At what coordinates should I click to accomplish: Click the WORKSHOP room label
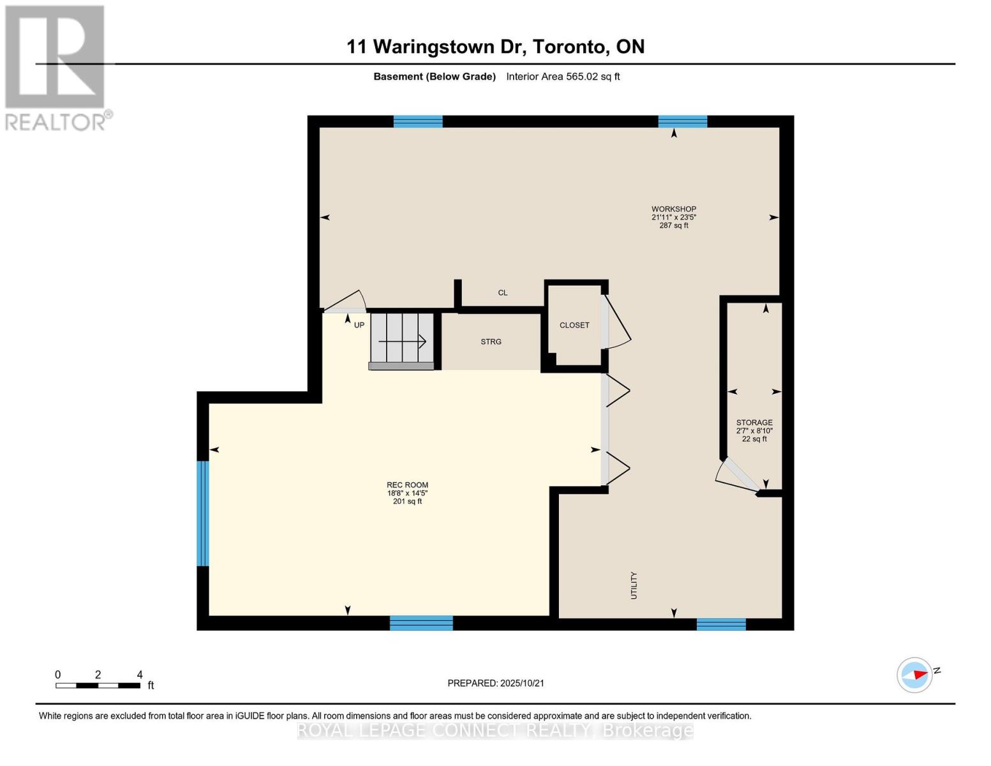click(x=673, y=209)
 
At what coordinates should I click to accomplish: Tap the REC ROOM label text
click(x=407, y=485)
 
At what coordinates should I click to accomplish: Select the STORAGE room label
click(x=754, y=423)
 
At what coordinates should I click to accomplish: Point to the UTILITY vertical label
click(x=634, y=585)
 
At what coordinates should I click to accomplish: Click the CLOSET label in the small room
click(x=574, y=326)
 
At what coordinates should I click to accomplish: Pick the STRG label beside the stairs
click(x=491, y=342)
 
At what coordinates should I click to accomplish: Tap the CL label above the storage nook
click(x=503, y=293)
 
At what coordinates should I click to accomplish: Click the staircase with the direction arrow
click(x=402, y=340)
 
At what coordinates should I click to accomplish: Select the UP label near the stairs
click(x=359, y=325)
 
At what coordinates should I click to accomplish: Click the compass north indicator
click(x=915, y=675)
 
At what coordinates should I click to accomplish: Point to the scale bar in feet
click(x=98, y=686)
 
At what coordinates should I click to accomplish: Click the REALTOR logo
click(x=56, y=67)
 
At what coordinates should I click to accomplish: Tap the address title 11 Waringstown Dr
click(x=495, y=47)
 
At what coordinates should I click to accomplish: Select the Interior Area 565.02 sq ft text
click(x=563, y=77)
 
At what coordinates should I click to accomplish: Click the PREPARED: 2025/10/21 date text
click(x=496, y=683)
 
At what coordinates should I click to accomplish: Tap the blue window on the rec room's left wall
click(x=202, y=513)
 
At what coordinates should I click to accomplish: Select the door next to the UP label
click(x=345, y=302)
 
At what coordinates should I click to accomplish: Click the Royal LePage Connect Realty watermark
click(x=495, y=730)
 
